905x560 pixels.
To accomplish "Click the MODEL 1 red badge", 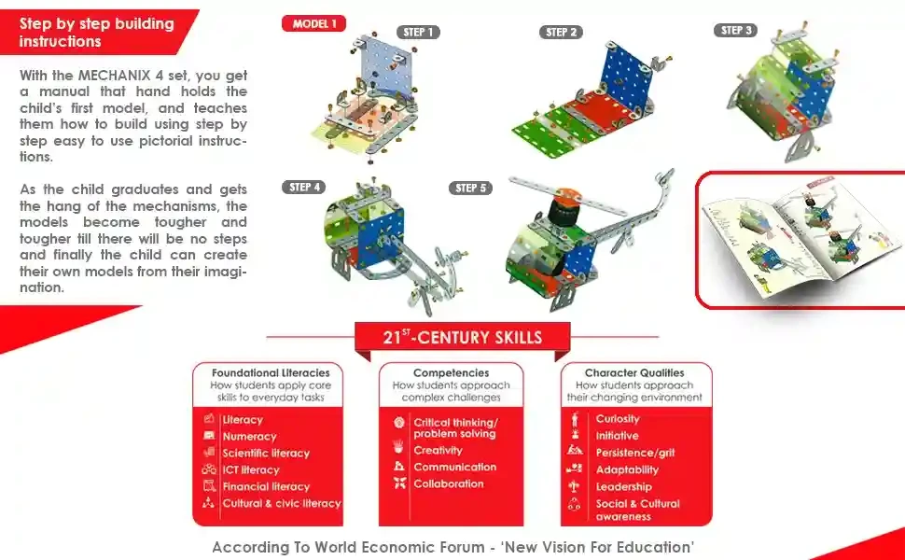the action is (314, 23).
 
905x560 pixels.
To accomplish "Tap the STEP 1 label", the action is (418, 33).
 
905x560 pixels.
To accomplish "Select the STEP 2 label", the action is (561, 33).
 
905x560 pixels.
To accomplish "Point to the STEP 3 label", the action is (736, 31).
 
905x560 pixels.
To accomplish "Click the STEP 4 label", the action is (304, 187).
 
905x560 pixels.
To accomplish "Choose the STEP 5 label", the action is (470, 189).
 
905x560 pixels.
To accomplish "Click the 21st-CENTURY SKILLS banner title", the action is (463, 338).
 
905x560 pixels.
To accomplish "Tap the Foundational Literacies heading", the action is (271, 373).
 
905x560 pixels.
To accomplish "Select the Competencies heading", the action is (452, 373).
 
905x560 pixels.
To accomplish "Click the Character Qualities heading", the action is (634, 373).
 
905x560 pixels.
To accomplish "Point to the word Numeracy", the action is (249, 437).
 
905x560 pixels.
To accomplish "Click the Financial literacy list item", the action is (266, 486).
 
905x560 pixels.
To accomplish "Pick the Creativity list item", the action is (439, 450).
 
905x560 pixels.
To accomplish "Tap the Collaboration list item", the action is (449, 483).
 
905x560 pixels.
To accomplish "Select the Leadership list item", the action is (623, 486).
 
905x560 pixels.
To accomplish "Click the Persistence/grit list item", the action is (634, 453).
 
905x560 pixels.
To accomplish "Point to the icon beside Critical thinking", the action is (398, 423).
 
